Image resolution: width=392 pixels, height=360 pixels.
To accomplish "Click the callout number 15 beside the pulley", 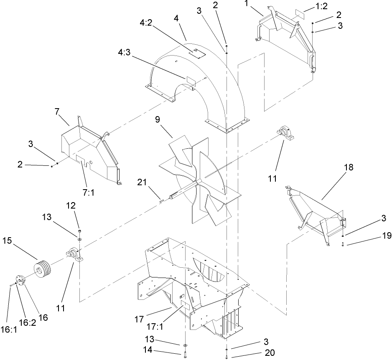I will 7,241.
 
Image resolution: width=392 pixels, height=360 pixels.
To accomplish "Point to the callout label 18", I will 348,167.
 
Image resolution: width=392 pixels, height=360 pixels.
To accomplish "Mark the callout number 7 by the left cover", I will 58,112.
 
